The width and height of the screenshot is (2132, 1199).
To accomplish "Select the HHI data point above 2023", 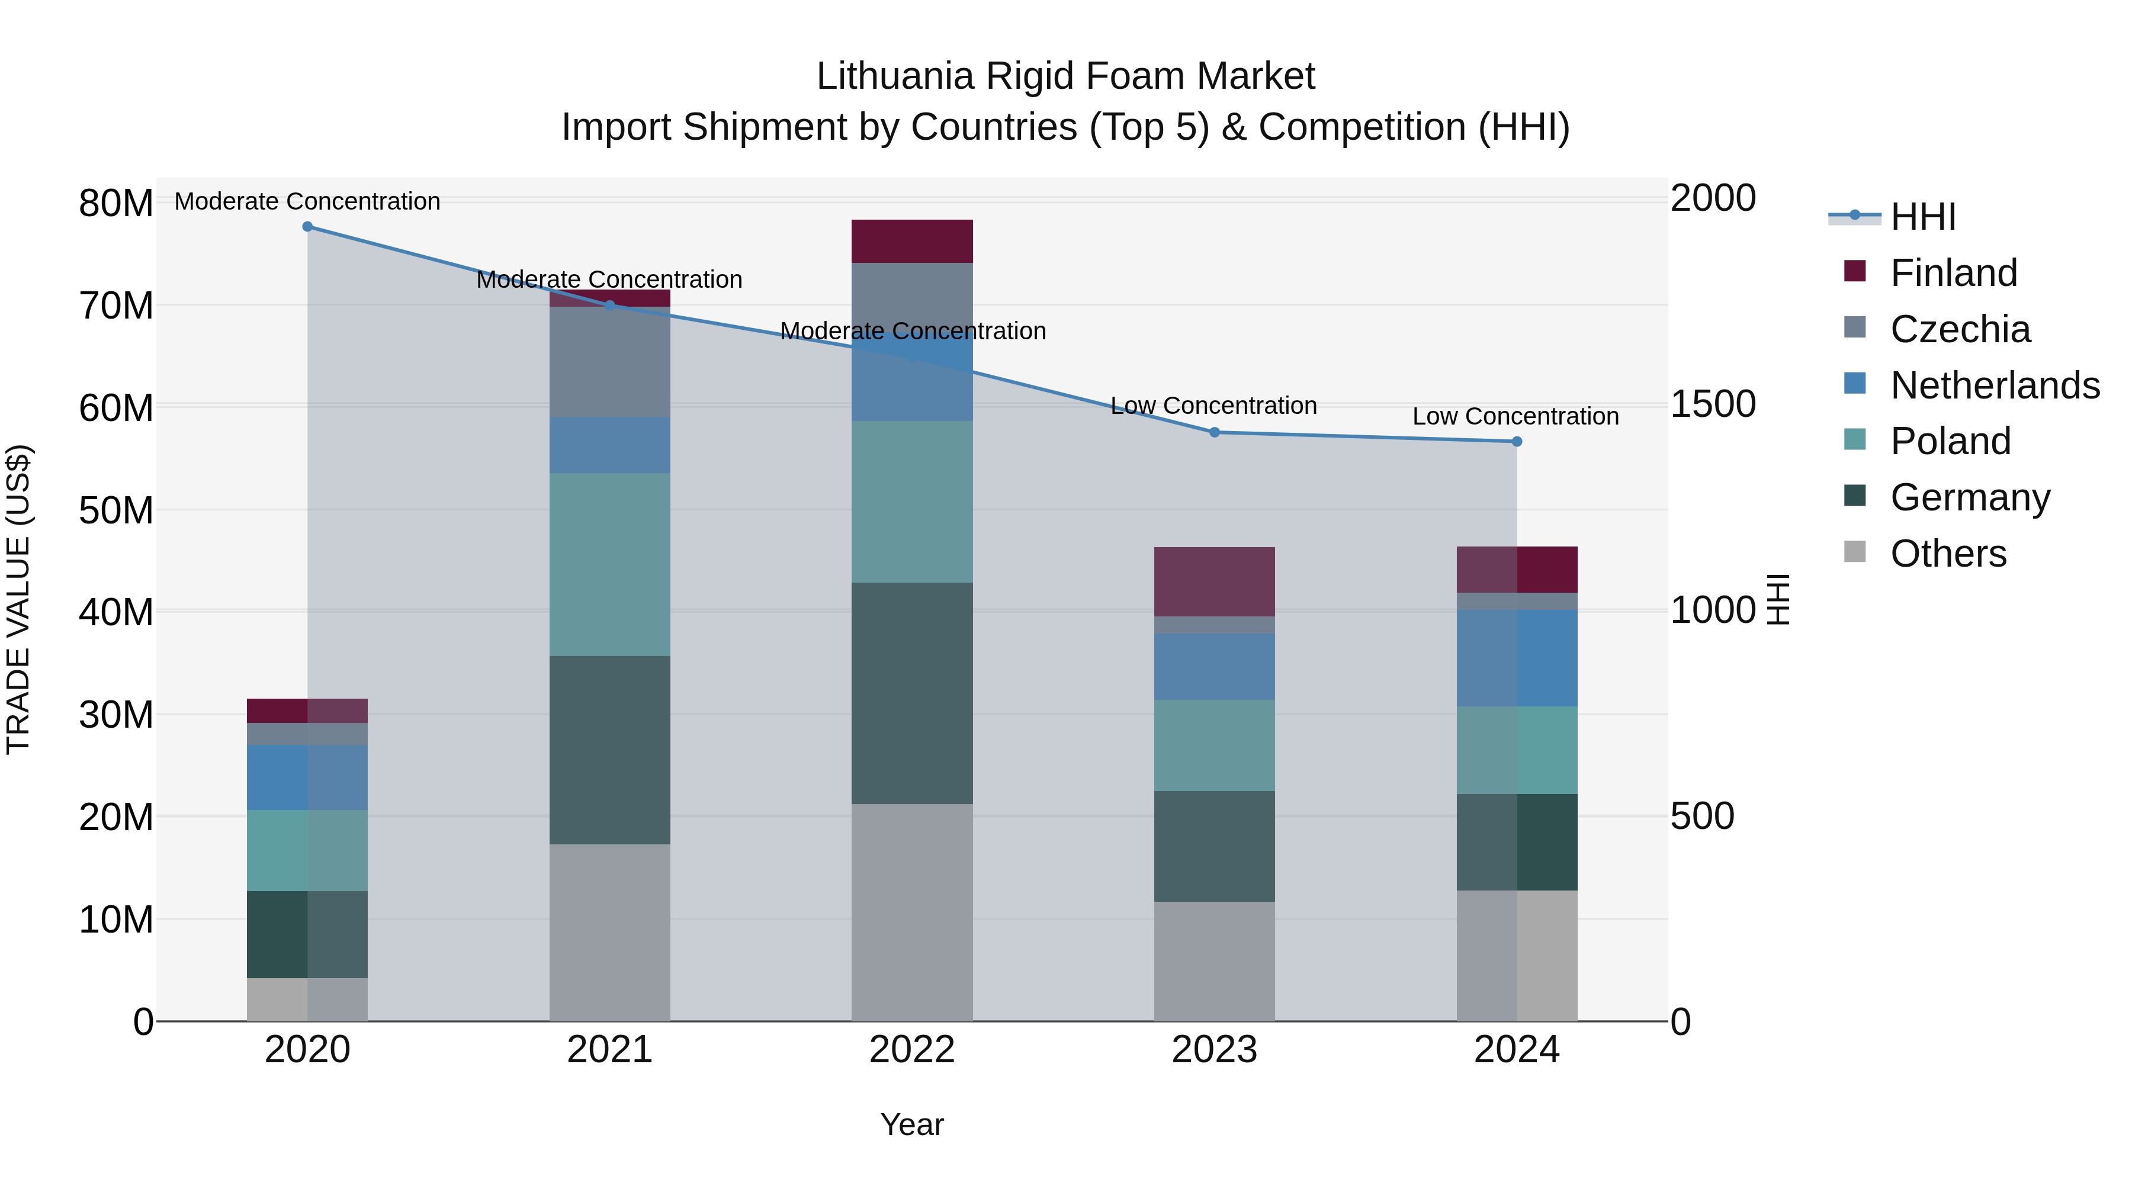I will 1214,432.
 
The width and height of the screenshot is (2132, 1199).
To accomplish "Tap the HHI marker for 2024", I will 1516,442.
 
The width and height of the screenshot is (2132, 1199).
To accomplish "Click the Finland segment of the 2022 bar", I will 912,242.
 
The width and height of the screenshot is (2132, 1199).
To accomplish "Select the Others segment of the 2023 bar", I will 1214,961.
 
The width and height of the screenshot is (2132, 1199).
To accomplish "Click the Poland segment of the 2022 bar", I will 912,502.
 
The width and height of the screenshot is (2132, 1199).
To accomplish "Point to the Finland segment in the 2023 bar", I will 1214,581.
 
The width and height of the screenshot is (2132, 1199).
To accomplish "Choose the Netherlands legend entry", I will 1995,385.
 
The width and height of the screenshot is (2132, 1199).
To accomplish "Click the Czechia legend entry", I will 1960,329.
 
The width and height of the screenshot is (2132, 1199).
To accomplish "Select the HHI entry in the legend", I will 1922,217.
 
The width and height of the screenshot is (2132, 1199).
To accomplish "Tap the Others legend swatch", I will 1855,552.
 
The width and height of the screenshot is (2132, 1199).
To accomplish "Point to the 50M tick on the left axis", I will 116,510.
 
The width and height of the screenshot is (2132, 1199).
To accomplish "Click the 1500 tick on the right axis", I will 1712,404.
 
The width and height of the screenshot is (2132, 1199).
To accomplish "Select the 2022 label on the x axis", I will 912,1050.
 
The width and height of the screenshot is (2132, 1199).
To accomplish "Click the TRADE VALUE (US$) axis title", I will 18,599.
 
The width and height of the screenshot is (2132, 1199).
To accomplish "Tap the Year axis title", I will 912,1124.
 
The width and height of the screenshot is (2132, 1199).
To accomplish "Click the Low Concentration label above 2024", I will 1515,416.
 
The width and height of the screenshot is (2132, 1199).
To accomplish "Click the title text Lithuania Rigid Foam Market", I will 1065,76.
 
